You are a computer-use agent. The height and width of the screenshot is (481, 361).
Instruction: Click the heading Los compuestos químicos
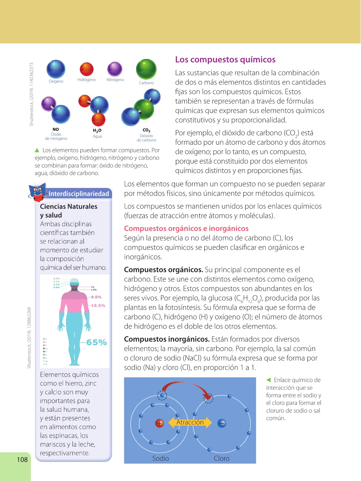coord(225,59)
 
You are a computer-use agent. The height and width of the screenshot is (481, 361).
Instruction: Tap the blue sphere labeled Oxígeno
coord(56,69)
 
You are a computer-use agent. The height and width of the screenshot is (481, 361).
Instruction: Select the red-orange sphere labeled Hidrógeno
coord(87,69)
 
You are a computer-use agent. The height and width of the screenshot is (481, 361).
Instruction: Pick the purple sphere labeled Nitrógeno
coord(115,69)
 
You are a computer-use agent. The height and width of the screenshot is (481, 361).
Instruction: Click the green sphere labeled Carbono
coord(146,69)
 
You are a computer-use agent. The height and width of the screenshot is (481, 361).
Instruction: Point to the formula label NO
coord(56,129)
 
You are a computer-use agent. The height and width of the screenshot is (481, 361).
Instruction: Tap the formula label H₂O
coord(97,130)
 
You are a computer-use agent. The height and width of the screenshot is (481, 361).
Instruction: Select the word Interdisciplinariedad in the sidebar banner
coord(79,194)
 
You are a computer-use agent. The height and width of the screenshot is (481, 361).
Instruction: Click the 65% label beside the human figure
coord(97,342)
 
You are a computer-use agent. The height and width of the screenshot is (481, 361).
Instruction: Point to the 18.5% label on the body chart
coord(98,305)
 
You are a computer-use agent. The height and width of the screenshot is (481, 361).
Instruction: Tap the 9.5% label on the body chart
coord(96,297)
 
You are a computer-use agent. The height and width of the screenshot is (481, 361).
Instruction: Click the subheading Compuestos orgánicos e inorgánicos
coord(186,228)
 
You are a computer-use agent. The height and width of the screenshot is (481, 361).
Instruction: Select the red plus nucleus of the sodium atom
coord(160,423)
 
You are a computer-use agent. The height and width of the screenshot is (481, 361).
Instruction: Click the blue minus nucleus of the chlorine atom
coord(222,423)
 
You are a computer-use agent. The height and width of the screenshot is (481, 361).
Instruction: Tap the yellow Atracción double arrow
coord(190,422)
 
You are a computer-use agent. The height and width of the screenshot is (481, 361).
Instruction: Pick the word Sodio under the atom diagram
coord(160,458)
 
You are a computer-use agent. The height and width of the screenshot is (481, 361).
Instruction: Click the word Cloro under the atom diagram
coord(221,458)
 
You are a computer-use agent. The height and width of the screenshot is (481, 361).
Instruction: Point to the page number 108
coord(22,460)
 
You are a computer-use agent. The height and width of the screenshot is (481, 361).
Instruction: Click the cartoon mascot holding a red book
coord(37,192)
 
